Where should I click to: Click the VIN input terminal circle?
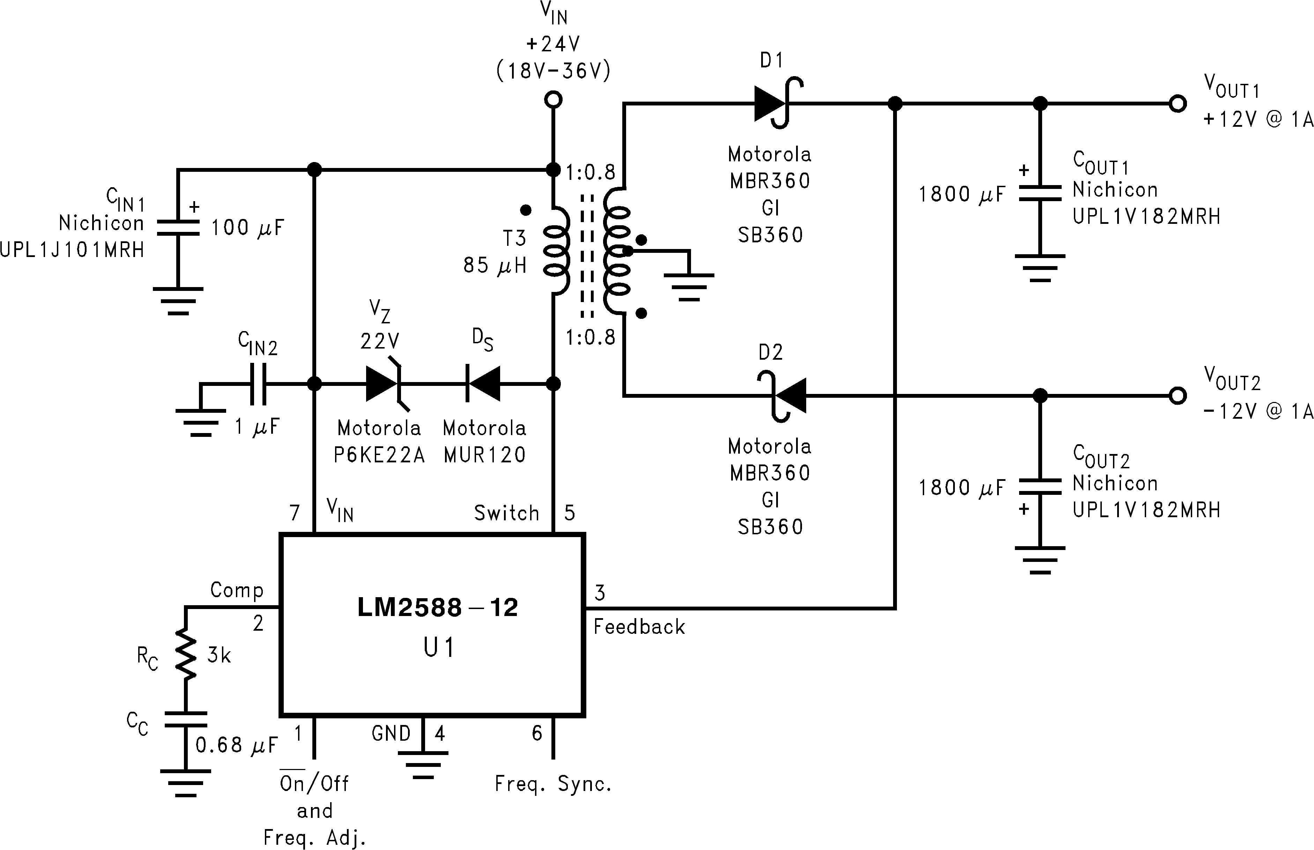(x=553, y=100)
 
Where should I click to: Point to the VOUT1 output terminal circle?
(x=1177, y=103)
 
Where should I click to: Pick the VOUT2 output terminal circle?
(x=1177, y=395)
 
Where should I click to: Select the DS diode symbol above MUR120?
(x=483, y=383)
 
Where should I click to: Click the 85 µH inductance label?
(x=494, y=265)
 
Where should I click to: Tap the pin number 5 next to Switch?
(x=569, y=513)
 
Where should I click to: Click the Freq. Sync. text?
(x=553, y=784)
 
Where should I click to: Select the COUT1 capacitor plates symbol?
(x=1039, y=193)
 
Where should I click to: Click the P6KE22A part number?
(x=379, y=455)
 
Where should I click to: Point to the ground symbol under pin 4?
(x=423, y=764)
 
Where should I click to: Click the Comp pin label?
(x=237, y=590)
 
